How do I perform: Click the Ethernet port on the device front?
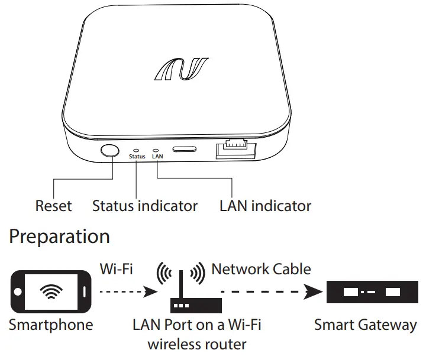tap(236, 150)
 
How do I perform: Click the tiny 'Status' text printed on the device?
tap(137, 157)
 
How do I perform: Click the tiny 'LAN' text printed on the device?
tap(157, 157)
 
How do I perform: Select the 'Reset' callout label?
tap(53, 206)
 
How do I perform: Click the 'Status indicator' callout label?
tap(145, 206)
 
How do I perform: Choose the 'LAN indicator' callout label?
tap(265, 206)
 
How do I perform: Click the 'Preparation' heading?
tap(60, 237)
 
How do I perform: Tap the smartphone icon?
tap(53, 292)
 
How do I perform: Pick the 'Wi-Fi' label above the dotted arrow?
tap(116, 270)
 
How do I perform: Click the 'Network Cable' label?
tap(261, 270)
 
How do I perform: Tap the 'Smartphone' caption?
tap(51, 325)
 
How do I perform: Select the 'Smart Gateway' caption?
tap(365, 325)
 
